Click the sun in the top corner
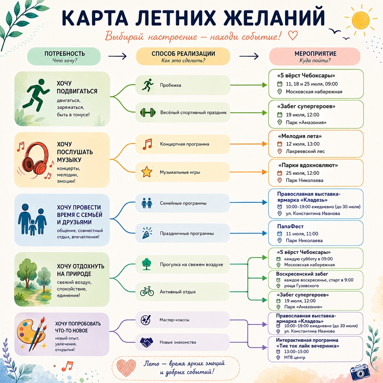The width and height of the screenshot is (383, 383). tap(361, 21)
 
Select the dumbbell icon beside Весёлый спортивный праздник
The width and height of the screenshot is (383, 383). tap(148, 112)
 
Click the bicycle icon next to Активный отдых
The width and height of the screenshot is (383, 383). tap(147, 292)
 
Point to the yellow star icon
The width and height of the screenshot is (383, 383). tap(146, 172)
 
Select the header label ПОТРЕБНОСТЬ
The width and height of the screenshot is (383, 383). tap(65, 54)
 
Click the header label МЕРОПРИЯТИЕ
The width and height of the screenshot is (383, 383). tap(315, 54)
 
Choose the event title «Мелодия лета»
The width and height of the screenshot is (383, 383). tap(300, 136)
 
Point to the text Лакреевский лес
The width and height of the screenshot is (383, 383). tap(305, 151)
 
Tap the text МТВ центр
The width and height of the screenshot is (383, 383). tap(295, 357)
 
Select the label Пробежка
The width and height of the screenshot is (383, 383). tap(171, 85)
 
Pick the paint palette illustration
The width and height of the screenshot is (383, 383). tap(30, 333)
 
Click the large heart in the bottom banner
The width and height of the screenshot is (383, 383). tap(126, 368)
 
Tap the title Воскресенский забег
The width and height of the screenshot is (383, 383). tap(302, 274)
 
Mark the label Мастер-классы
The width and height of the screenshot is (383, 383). tap(174, 320)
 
